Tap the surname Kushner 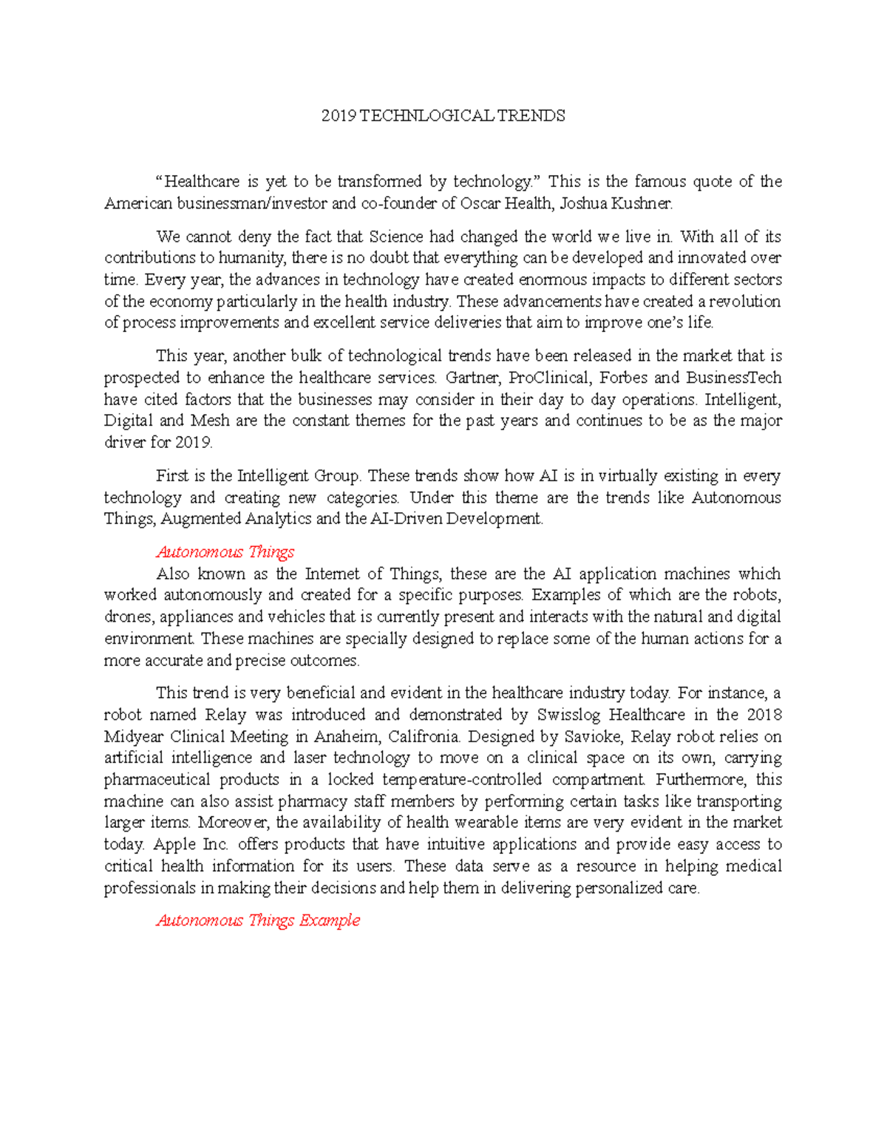click(x=645, y=204)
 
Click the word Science click(x=396, y=237)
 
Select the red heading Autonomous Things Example click(x=258, y=921)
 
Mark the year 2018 click(x=764, y=716)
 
